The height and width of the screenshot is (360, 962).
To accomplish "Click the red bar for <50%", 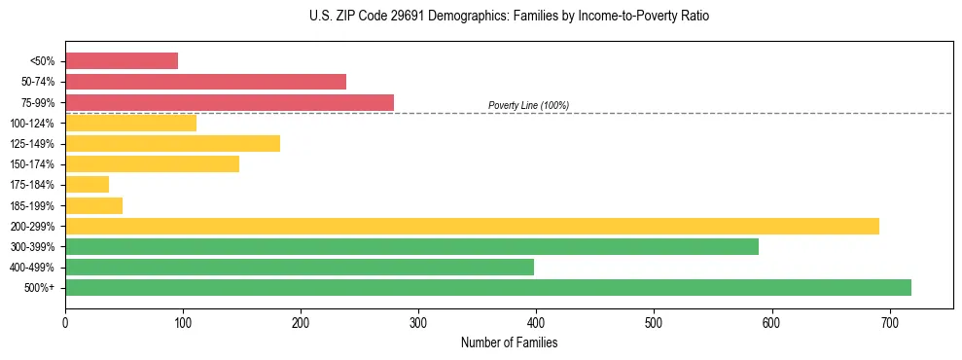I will pyautogui.click(x=122, y=61).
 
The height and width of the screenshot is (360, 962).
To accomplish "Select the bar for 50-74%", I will pyautogui.click(x=205, y=82).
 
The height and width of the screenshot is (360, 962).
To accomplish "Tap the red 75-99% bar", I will pyautogui.click(x=230, y=102).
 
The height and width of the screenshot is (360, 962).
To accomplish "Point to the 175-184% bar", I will pyautogui.click(x=87, y=185).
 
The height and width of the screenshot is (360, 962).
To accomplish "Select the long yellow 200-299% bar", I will pyautogui.click(x=472, y=226).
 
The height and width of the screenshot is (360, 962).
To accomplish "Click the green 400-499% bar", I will pyautogui.click(x=300, y=267).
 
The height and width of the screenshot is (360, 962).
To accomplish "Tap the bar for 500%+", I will pyautogui.click(x=488, y=287).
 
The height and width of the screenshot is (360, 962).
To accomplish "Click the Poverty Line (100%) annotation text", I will pyautogui.click(x=528, y=105).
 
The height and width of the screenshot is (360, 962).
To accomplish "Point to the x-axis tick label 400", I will pyautogui.click(x=536, y=323).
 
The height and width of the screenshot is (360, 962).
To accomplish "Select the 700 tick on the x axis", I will pyautogui.click(x=889, y=323).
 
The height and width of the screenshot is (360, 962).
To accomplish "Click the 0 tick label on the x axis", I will pyautogui.click(x=65, y=323).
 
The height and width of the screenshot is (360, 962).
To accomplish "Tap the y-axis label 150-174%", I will pyautogui.click(x=32, y=164).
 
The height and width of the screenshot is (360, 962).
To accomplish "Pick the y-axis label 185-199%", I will pyautogui.click(x=32, y=205).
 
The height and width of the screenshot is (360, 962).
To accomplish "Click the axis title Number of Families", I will pyautogui.click(x=509, y=342).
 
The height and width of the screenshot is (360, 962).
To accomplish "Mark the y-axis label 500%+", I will pyautogui.click(x=41, y=288).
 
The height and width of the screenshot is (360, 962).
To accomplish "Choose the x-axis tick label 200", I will pyautogui.click(x=301, y=323).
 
